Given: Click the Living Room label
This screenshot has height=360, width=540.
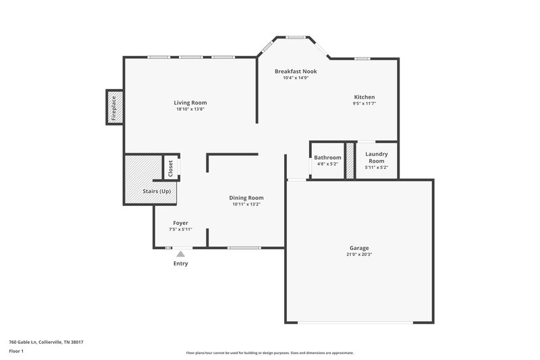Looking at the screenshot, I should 190,103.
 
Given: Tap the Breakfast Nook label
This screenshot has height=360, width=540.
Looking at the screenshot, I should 296,71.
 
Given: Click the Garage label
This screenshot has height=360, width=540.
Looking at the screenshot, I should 359,248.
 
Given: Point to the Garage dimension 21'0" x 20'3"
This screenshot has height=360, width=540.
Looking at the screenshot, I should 359,255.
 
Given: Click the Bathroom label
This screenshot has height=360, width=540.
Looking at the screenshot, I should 327,157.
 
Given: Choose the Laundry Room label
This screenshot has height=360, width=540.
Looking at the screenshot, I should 376,157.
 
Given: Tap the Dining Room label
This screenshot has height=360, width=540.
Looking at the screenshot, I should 246,197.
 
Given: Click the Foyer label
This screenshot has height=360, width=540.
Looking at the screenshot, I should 180,222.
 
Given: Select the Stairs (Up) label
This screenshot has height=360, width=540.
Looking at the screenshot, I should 157,191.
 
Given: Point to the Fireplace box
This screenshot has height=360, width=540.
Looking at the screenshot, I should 114,107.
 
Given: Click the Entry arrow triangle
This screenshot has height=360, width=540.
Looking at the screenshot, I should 180,254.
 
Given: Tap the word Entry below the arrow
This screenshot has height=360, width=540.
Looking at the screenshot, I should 180,263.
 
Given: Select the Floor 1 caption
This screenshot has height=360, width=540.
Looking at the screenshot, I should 16,351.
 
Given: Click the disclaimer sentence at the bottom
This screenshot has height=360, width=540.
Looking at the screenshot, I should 269,353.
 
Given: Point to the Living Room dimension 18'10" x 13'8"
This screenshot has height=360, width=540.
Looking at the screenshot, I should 190,109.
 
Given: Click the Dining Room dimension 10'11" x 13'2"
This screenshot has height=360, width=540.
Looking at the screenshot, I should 246,204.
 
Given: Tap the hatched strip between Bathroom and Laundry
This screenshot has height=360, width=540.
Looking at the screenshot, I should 350,161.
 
